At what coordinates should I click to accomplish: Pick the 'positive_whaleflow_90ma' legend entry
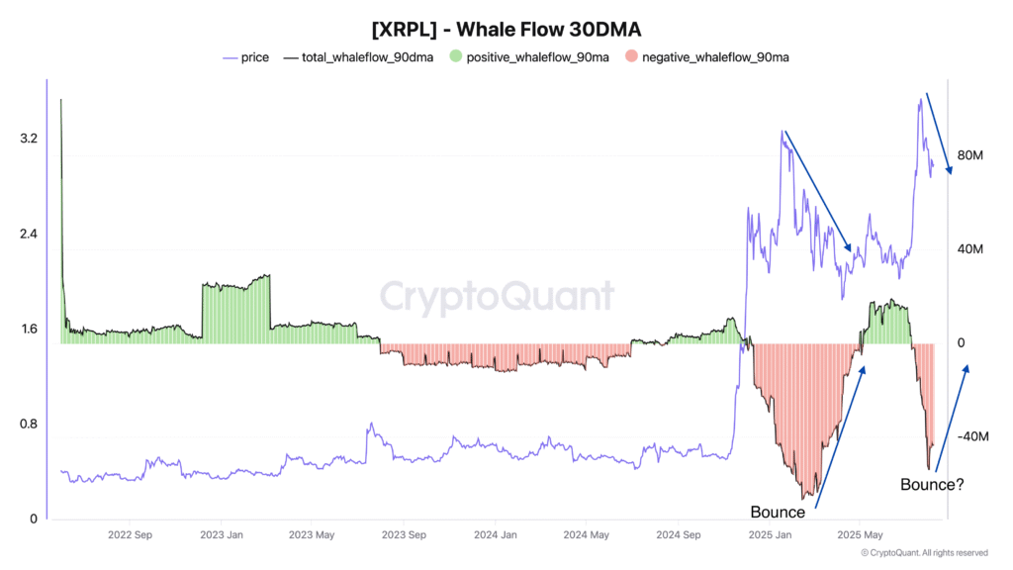pos(538,57)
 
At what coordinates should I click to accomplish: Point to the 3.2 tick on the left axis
pos(29,139)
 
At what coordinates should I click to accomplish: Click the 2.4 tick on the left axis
pos(29,235)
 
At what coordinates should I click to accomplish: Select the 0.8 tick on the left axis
pos(29,425)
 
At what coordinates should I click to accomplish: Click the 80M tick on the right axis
pos(970,156)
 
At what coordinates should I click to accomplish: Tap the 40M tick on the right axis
pos(970,250)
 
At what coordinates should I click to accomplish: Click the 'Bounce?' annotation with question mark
pos(932,485)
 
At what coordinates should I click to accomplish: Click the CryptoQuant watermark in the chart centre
pos(498,296)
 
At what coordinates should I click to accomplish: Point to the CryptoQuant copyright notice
pos(924,553)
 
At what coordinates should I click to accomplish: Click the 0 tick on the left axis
pos(33,520)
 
